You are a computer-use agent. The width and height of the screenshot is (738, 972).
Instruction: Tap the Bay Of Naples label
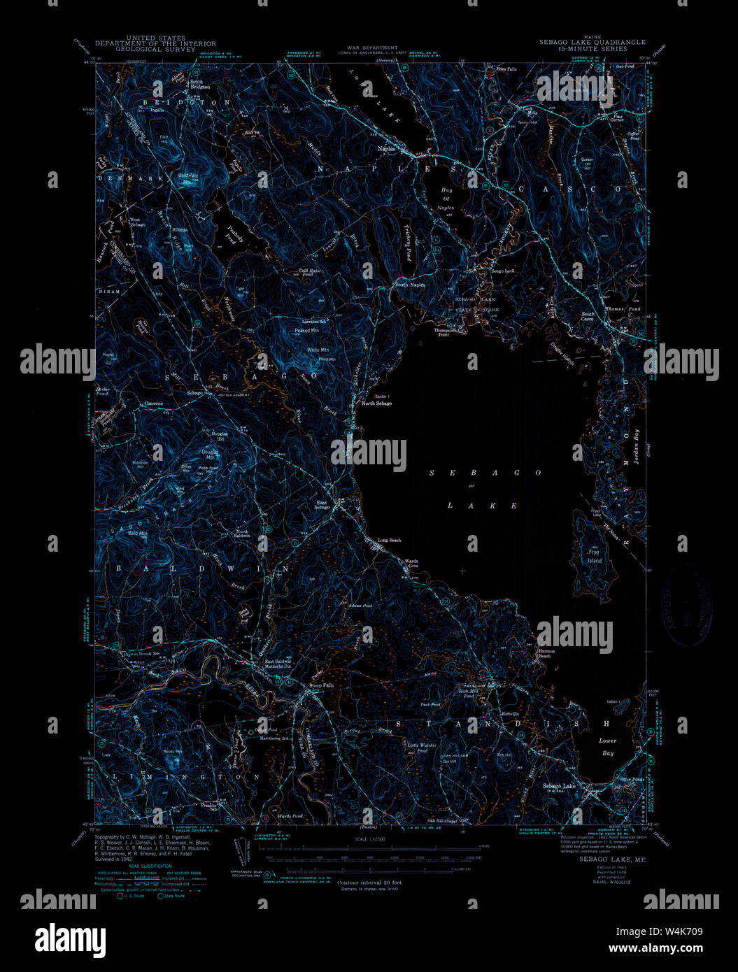446,199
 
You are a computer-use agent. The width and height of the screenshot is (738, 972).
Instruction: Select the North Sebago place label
376,403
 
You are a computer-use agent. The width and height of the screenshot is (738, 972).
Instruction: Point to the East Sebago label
323,505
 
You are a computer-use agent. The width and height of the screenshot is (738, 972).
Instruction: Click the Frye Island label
594,557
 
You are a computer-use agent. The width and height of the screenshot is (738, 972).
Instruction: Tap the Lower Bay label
607,747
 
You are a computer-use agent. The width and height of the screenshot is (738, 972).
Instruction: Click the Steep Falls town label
322,685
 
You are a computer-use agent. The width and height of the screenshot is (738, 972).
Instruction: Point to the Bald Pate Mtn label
187,178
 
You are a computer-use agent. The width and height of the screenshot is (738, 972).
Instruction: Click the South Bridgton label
200,84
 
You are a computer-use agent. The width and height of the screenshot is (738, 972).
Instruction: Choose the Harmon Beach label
546,654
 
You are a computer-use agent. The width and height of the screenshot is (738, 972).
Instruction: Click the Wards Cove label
411,563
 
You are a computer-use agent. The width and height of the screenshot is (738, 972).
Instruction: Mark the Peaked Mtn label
306,329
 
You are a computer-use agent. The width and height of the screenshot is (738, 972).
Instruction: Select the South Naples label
410,285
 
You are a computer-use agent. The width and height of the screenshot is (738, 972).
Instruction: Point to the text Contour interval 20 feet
369,882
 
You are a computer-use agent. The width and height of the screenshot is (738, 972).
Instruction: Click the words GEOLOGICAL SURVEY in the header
155,49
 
